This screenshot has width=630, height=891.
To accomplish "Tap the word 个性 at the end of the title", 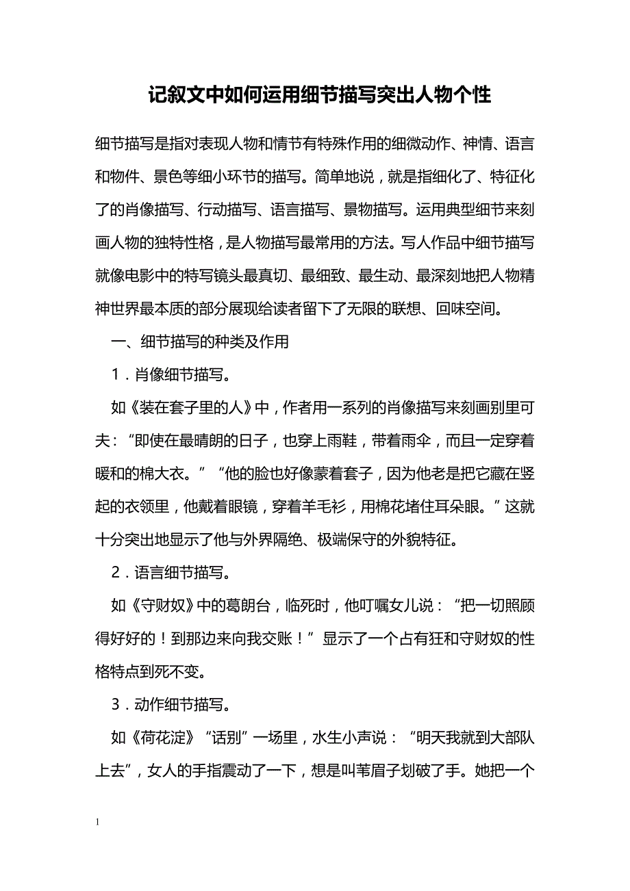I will pos(473,94).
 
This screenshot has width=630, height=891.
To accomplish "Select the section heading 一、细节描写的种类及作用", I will pos(200,342).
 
